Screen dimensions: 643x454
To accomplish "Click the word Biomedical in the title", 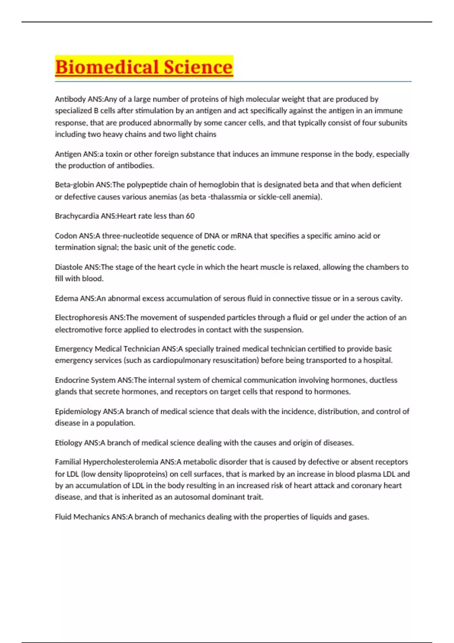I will click(103, 67).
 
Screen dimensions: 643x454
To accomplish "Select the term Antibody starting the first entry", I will click(70, 99).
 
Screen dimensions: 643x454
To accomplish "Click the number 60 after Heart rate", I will click(190, 216).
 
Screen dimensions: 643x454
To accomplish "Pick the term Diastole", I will click(68, 267).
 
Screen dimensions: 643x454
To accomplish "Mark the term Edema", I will click(67, 298).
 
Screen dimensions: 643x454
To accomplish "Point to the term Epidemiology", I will click(78, 411).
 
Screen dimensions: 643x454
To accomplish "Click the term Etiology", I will click(68, 443).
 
